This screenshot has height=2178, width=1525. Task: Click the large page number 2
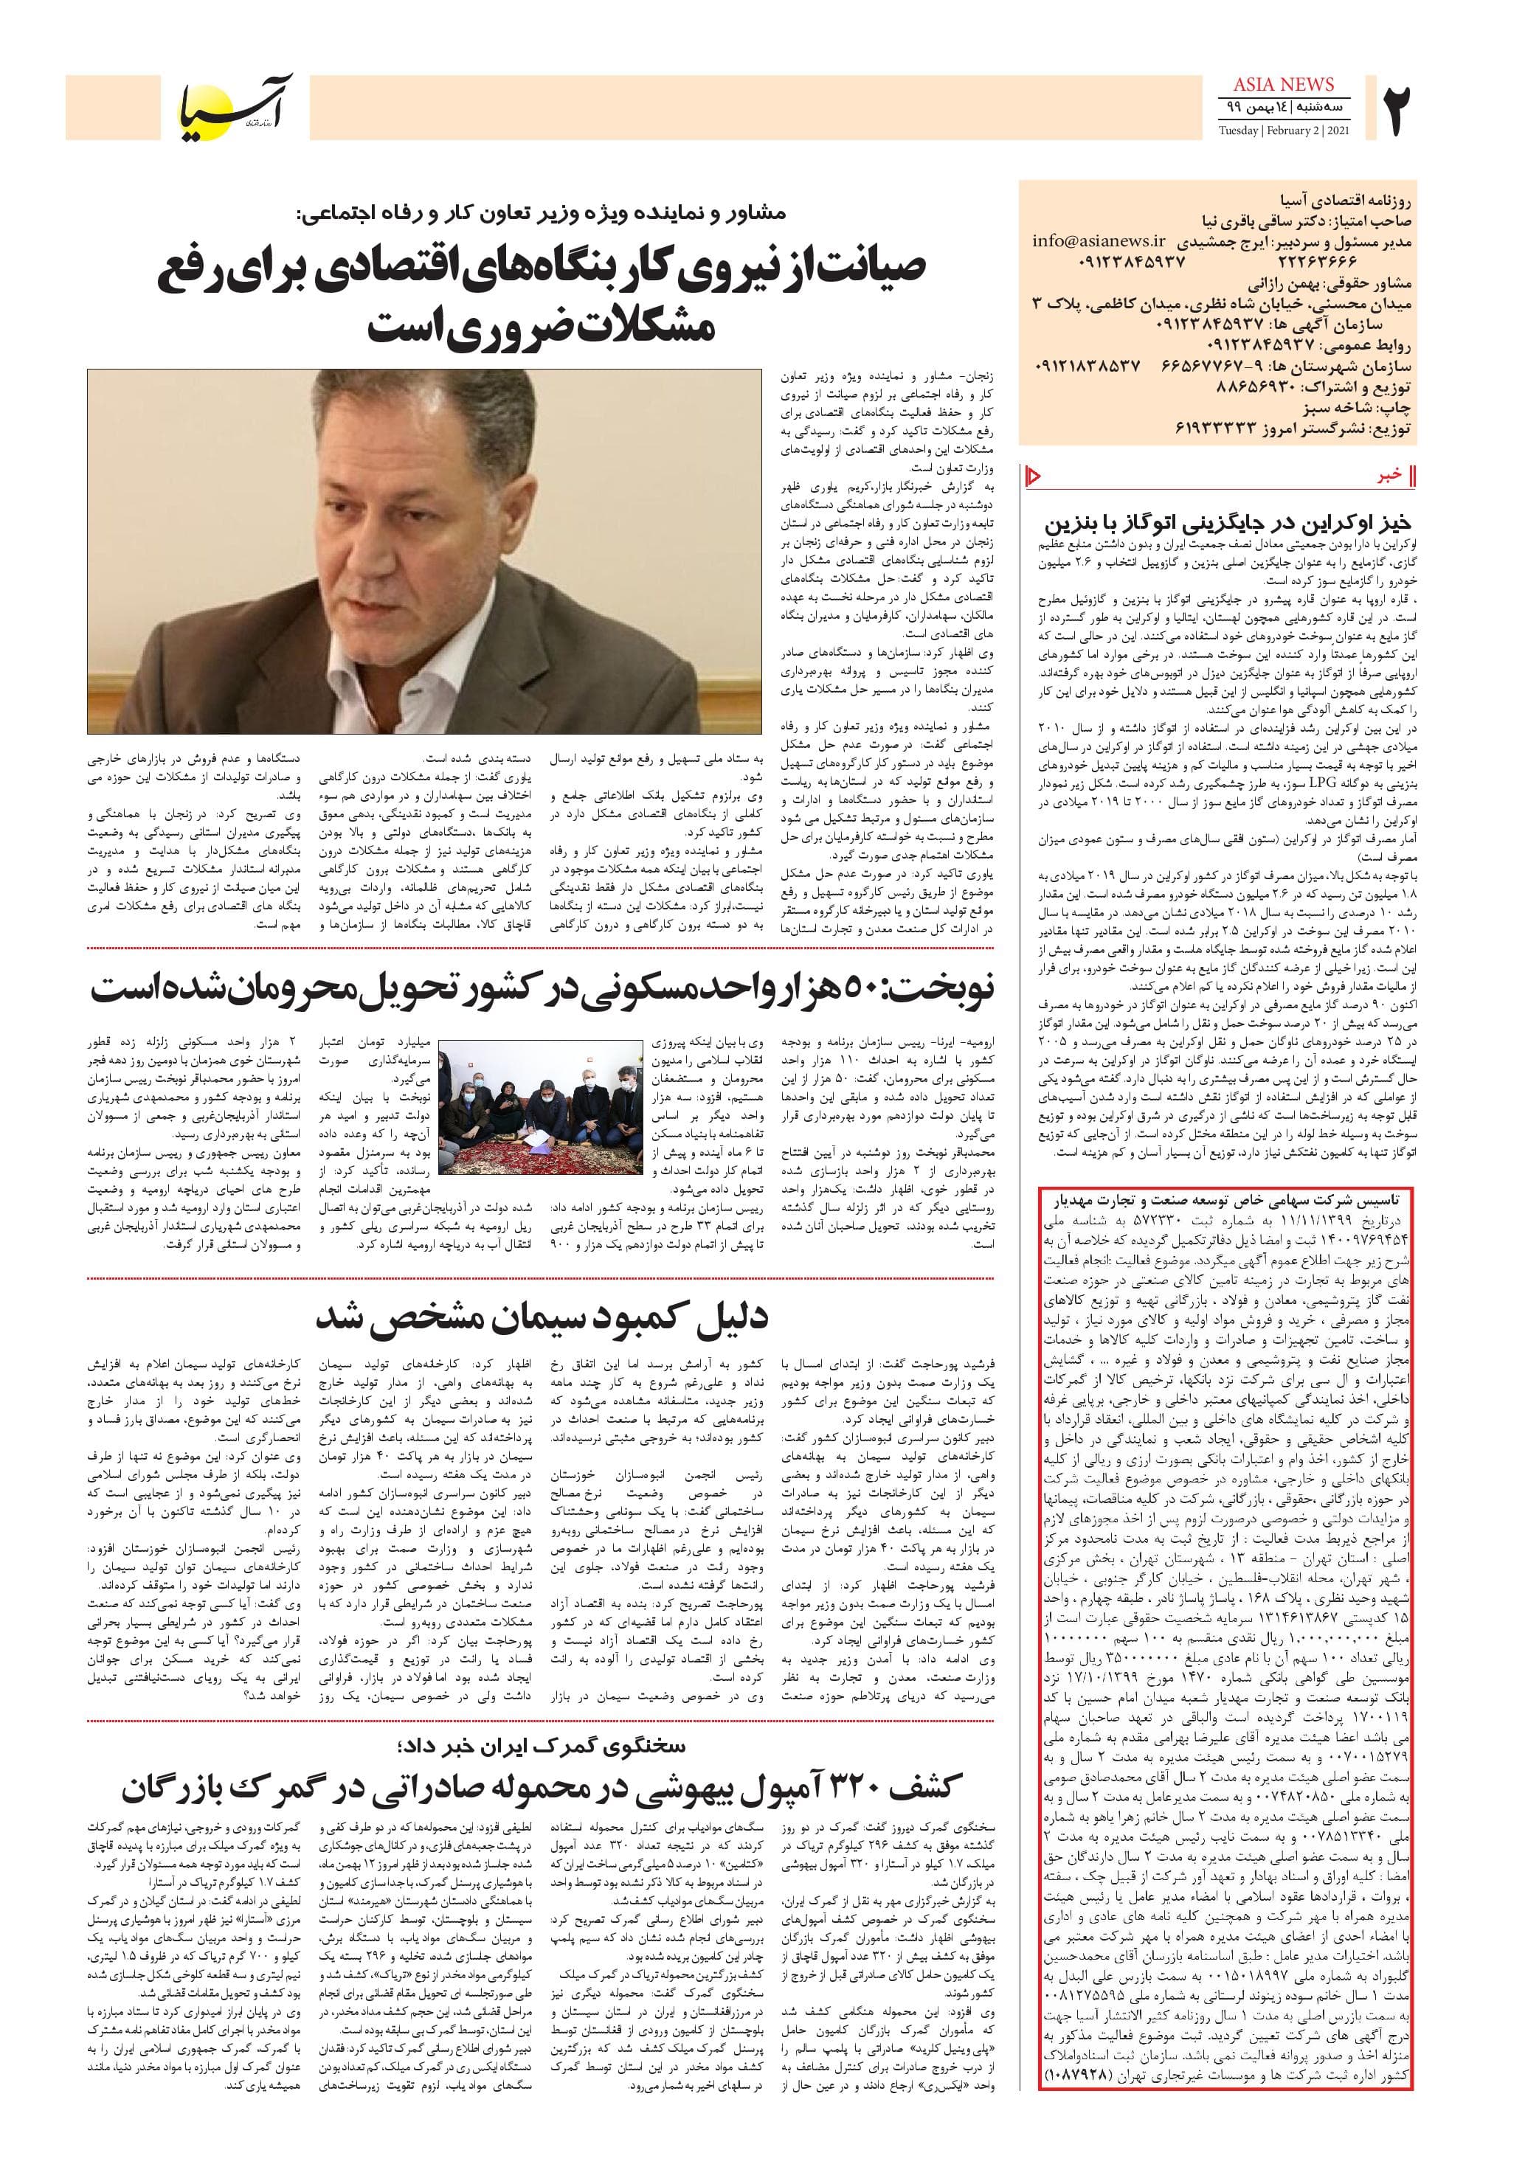pyautogui.click(x=1399, y=112)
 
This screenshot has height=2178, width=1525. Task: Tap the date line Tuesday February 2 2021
pyautogui.click(x=1284, y=131)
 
